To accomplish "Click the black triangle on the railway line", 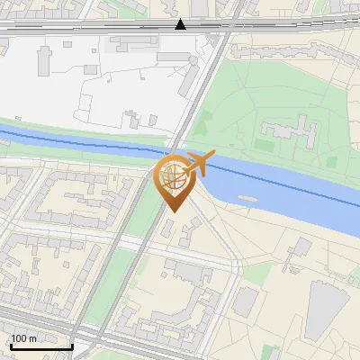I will click(181, 24).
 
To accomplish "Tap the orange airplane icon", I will click(199, 163).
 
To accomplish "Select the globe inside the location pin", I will click(174, 175).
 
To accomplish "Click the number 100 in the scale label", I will click(21, 338).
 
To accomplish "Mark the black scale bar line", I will click(41, 346).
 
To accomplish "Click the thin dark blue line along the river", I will click(90, 143).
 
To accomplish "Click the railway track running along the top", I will click(90, 28).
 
